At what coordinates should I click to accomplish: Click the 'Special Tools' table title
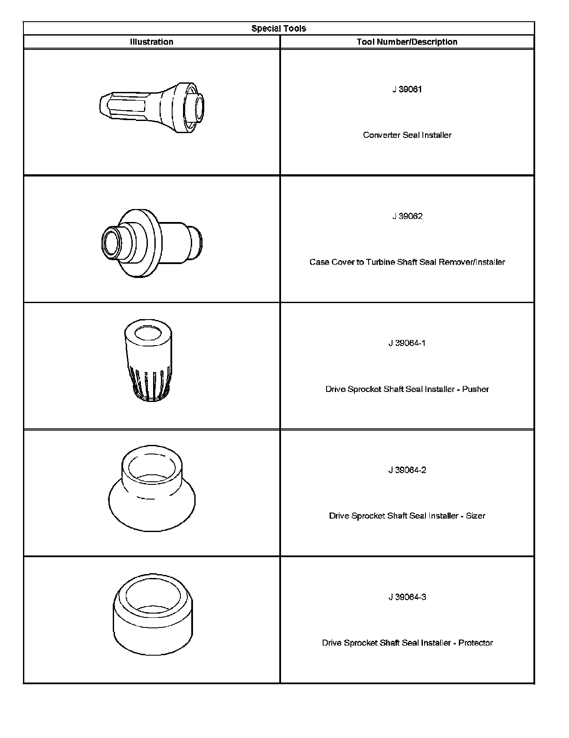click(278, 29)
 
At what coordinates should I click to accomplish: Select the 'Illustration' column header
click(151, 42)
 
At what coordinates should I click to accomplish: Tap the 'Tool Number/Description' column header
click(407, 42)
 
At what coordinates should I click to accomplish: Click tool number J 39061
click(407, 89)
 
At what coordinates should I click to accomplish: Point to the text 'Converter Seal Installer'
click(407, 135)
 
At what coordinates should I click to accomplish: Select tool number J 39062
click(407, 216)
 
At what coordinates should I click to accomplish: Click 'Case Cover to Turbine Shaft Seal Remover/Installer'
click(407, 262)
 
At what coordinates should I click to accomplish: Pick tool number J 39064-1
click(407, 343)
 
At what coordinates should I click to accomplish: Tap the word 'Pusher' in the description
click(475, 389)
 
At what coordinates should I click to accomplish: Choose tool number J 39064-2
click(407, 470)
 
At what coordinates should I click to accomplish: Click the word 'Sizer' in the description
click(475, 516)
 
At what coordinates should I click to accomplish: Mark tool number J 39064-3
click(407, 597)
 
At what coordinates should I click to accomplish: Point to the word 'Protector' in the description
click(475, 643)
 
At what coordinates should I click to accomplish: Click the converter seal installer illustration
click(152, 107)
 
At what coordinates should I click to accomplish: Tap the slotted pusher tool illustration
click(147, 361)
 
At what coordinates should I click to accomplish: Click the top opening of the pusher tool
click(147, 333)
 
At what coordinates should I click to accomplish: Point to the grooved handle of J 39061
click(126, 106)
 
